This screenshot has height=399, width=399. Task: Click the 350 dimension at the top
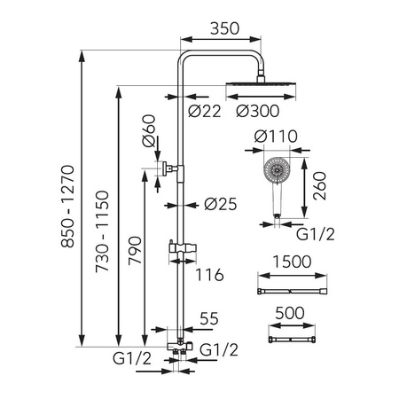(x=224, y=28)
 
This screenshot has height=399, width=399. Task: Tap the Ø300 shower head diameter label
(x=258, y=111)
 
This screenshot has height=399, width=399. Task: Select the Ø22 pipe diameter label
(x=205, y=111)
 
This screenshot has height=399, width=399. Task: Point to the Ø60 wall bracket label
(x=149, y=130)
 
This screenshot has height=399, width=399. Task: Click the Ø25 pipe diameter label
(x=221, y=204)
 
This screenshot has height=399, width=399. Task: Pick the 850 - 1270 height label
(x=67, y=206)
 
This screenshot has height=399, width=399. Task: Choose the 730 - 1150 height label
(x=102, y=231)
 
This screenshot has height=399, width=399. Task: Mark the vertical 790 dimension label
(x=135, y=250)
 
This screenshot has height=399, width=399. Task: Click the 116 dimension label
(x=209, y=275)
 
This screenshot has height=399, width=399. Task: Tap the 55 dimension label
(x=209, y=318)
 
